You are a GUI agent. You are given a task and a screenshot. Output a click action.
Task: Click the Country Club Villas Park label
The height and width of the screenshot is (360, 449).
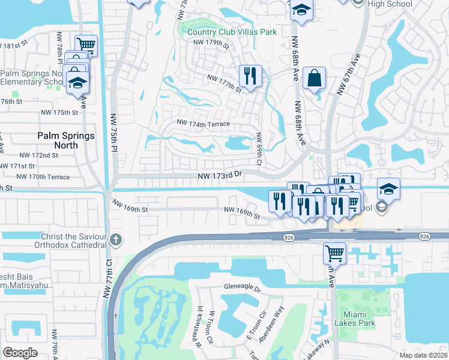click(x=232, y=32)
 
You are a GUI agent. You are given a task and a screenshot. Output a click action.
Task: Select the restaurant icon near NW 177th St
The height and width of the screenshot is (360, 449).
click(x=251, y=76)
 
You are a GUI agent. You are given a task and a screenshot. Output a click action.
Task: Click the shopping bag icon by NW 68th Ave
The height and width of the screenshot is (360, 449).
click(x=314, y=78)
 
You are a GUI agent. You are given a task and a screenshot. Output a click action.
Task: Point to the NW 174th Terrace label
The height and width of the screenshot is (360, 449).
click(x=203, y=122)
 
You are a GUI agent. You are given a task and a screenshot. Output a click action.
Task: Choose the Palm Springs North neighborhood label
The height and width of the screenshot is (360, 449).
click(x=66, y=140)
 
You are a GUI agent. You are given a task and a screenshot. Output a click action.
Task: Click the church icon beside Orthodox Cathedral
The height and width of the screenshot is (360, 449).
click(x=116, y=241)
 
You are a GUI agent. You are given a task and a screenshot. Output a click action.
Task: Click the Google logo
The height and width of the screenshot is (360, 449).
click(x=20, y=353)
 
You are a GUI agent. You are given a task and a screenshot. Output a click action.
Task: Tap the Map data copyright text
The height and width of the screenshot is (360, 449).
click(x=423, y=355)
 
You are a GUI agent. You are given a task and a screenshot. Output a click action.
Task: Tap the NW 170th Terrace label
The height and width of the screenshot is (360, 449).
click(x=43, y=177)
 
